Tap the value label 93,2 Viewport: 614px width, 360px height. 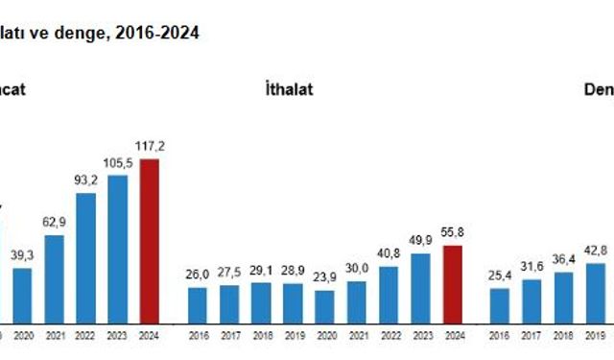click(85, 180)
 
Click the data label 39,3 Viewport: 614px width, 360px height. click(22, 254)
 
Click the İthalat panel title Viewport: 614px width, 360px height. click(289, 89)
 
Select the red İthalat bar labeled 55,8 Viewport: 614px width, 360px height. click(452, 284)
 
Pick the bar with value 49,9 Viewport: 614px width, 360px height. click(420, 288)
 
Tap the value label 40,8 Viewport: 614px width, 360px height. click(389, 253)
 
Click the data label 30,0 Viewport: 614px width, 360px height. click(357, 269)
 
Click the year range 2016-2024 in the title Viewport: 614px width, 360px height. click(165, 33)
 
